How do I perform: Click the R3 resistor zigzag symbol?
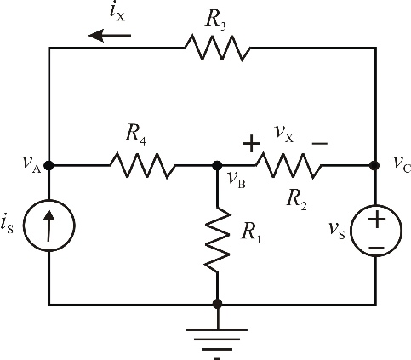coord(218,48)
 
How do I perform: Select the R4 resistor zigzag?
coord(143,165)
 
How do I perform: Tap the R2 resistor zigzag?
coord(288,165)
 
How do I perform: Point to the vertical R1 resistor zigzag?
coord(217,240)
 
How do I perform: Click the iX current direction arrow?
coord(110,36)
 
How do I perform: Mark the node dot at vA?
coord(49,165)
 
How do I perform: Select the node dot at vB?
coord(217,165)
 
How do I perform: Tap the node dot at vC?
coord(374,165)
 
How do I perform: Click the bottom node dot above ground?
coord(217,304)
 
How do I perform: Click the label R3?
coord(215,20)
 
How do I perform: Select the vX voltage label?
coord(284,134)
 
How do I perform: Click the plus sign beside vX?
coord(252,143)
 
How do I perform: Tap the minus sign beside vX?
coord(320,144)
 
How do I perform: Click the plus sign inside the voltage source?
coord(377,219)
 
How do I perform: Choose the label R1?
coord(251,233)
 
